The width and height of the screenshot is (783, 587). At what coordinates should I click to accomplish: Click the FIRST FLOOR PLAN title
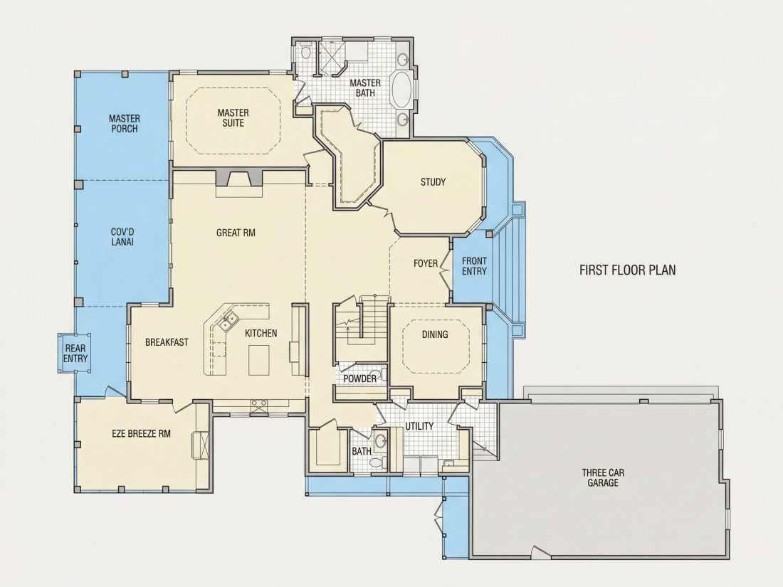pyautogui.click(x=627, y=270)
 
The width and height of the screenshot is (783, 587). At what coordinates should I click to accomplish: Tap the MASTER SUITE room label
pyautogui.click(x=233, y=118)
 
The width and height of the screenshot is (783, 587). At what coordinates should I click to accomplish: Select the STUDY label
pyautogui.click(x=433, y=181)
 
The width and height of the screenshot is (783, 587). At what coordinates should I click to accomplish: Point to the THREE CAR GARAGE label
pyautogui.click(x=603, y=477)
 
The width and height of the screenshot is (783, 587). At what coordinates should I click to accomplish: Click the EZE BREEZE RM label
pyautogui.click(x=142, y=433)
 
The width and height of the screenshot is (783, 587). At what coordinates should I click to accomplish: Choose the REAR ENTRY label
pyautogui.click(x=75, y=354)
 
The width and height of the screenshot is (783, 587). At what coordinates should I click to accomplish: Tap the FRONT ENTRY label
pyautogui.click(x=474, y=266)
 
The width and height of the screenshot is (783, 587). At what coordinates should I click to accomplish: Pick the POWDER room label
pyautogui.click(x=359, y=379)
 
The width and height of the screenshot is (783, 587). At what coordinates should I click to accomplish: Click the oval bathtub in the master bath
pyautogui.click(x=401, y=89)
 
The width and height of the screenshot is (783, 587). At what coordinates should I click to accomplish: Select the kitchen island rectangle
pyautogui.click(x=258, y=359)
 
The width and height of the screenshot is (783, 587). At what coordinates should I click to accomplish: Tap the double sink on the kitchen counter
pyautogui.click(x=227, y=321)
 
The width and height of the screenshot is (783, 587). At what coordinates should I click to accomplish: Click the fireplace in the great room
pyautogui.click(x=238, y=178)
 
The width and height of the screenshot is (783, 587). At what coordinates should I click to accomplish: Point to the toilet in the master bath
pyautogui.click(x=307, y=51)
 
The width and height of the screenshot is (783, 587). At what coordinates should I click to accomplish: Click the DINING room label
pyautogui.click(x=435, y=334)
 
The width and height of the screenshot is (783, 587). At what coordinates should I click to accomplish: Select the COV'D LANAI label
pyautogui.click(x=122, y=237)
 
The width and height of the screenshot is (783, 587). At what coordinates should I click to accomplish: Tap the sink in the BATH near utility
pyautogui.click(x=381, y=440)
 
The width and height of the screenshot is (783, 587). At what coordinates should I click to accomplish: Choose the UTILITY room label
pyautogui.click(x=419, y=426)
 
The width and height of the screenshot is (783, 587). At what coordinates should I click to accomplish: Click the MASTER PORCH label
pyautogui.click(x=125, y=123)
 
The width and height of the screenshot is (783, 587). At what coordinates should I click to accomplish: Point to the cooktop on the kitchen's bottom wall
pyautogui.click(x=258, y=406)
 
